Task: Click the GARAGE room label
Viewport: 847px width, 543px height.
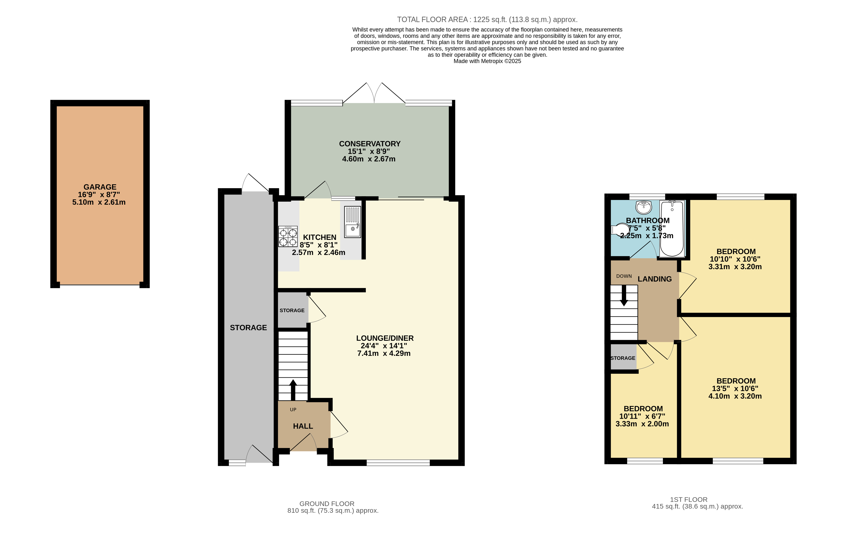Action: tap(100, 187)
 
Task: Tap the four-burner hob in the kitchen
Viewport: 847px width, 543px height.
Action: tap(288, 236)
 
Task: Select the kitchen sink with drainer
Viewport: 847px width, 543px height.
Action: tap(352, 222)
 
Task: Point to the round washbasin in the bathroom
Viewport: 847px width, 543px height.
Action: tap(643, 207)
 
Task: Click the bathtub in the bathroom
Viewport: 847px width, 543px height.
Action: tap(672, 228)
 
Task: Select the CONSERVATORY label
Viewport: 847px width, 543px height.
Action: tap(370, 144)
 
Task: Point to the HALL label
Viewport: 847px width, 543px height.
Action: tap(303, 426)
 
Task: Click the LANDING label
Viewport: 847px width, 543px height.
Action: tap(654, 279)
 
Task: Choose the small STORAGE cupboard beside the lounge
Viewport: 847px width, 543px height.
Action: tap(292, 310)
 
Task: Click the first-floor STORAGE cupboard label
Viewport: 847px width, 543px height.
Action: tap(623, 358)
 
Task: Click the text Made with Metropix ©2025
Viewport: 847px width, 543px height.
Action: tap(487, 61)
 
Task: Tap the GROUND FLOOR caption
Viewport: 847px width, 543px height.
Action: tap(327, 504)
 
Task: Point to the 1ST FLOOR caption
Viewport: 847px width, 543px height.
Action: tap(688, 500)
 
